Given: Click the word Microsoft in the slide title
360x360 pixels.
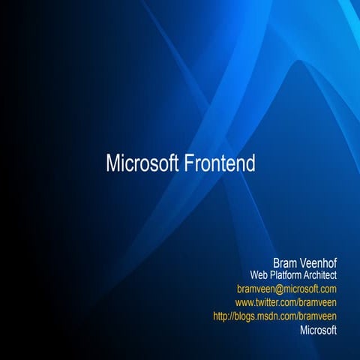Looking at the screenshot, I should coord(142,163).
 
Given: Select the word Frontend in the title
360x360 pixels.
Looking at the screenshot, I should coord(220,163).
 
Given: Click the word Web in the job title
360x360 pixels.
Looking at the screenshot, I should coord(258,275).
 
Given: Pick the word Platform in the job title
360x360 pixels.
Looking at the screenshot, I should coord(286,275).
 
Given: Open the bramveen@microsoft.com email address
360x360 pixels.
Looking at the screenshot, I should coord(286,289).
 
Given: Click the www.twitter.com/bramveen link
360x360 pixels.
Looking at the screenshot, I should coord(286,302).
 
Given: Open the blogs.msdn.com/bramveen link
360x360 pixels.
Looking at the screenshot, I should coord(275,316).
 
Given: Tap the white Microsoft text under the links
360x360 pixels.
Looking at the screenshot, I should coord(318,329).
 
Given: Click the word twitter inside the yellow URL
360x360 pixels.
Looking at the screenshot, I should coord(274,302).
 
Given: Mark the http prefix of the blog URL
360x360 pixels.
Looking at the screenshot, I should coord(222,316).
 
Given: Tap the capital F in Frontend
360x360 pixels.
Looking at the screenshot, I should coord(188,163).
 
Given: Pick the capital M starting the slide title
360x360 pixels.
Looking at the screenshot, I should coord(112,163).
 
